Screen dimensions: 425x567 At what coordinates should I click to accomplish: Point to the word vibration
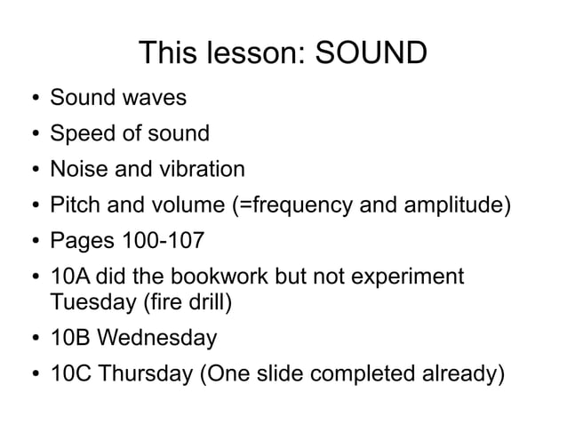pos(198,168)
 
